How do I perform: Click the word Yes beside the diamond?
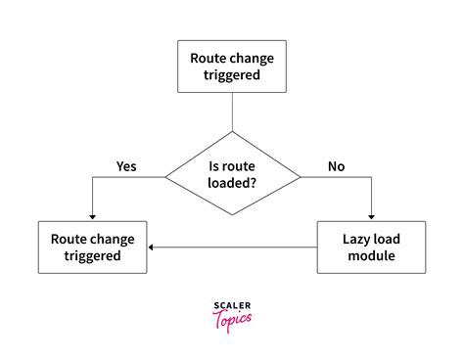pyautogui.click(x=125, y=166)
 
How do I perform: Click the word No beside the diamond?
pyautogui.click(x=336, y=166)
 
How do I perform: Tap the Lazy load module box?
pyautogui.click(x=372, y=247)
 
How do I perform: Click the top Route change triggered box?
pyautogui.click(x=232, y=67)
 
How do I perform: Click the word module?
pyautogui.click(x=372, y=256)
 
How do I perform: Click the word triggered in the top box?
pyautogui.click(x=232, y=76)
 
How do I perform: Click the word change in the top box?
pyautogui.click(x=255, y=58)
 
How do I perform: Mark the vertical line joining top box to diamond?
pyautogui.click(x=232, y=115)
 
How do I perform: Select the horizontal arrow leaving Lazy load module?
pyautogui.click(x=235, y=247)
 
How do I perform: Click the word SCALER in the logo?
pyautogui.click(x=232, y=306)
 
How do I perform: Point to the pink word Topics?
pyautogui.click(x=232, y=318)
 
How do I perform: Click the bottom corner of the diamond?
pyautogui.click(x=232, y=215)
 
